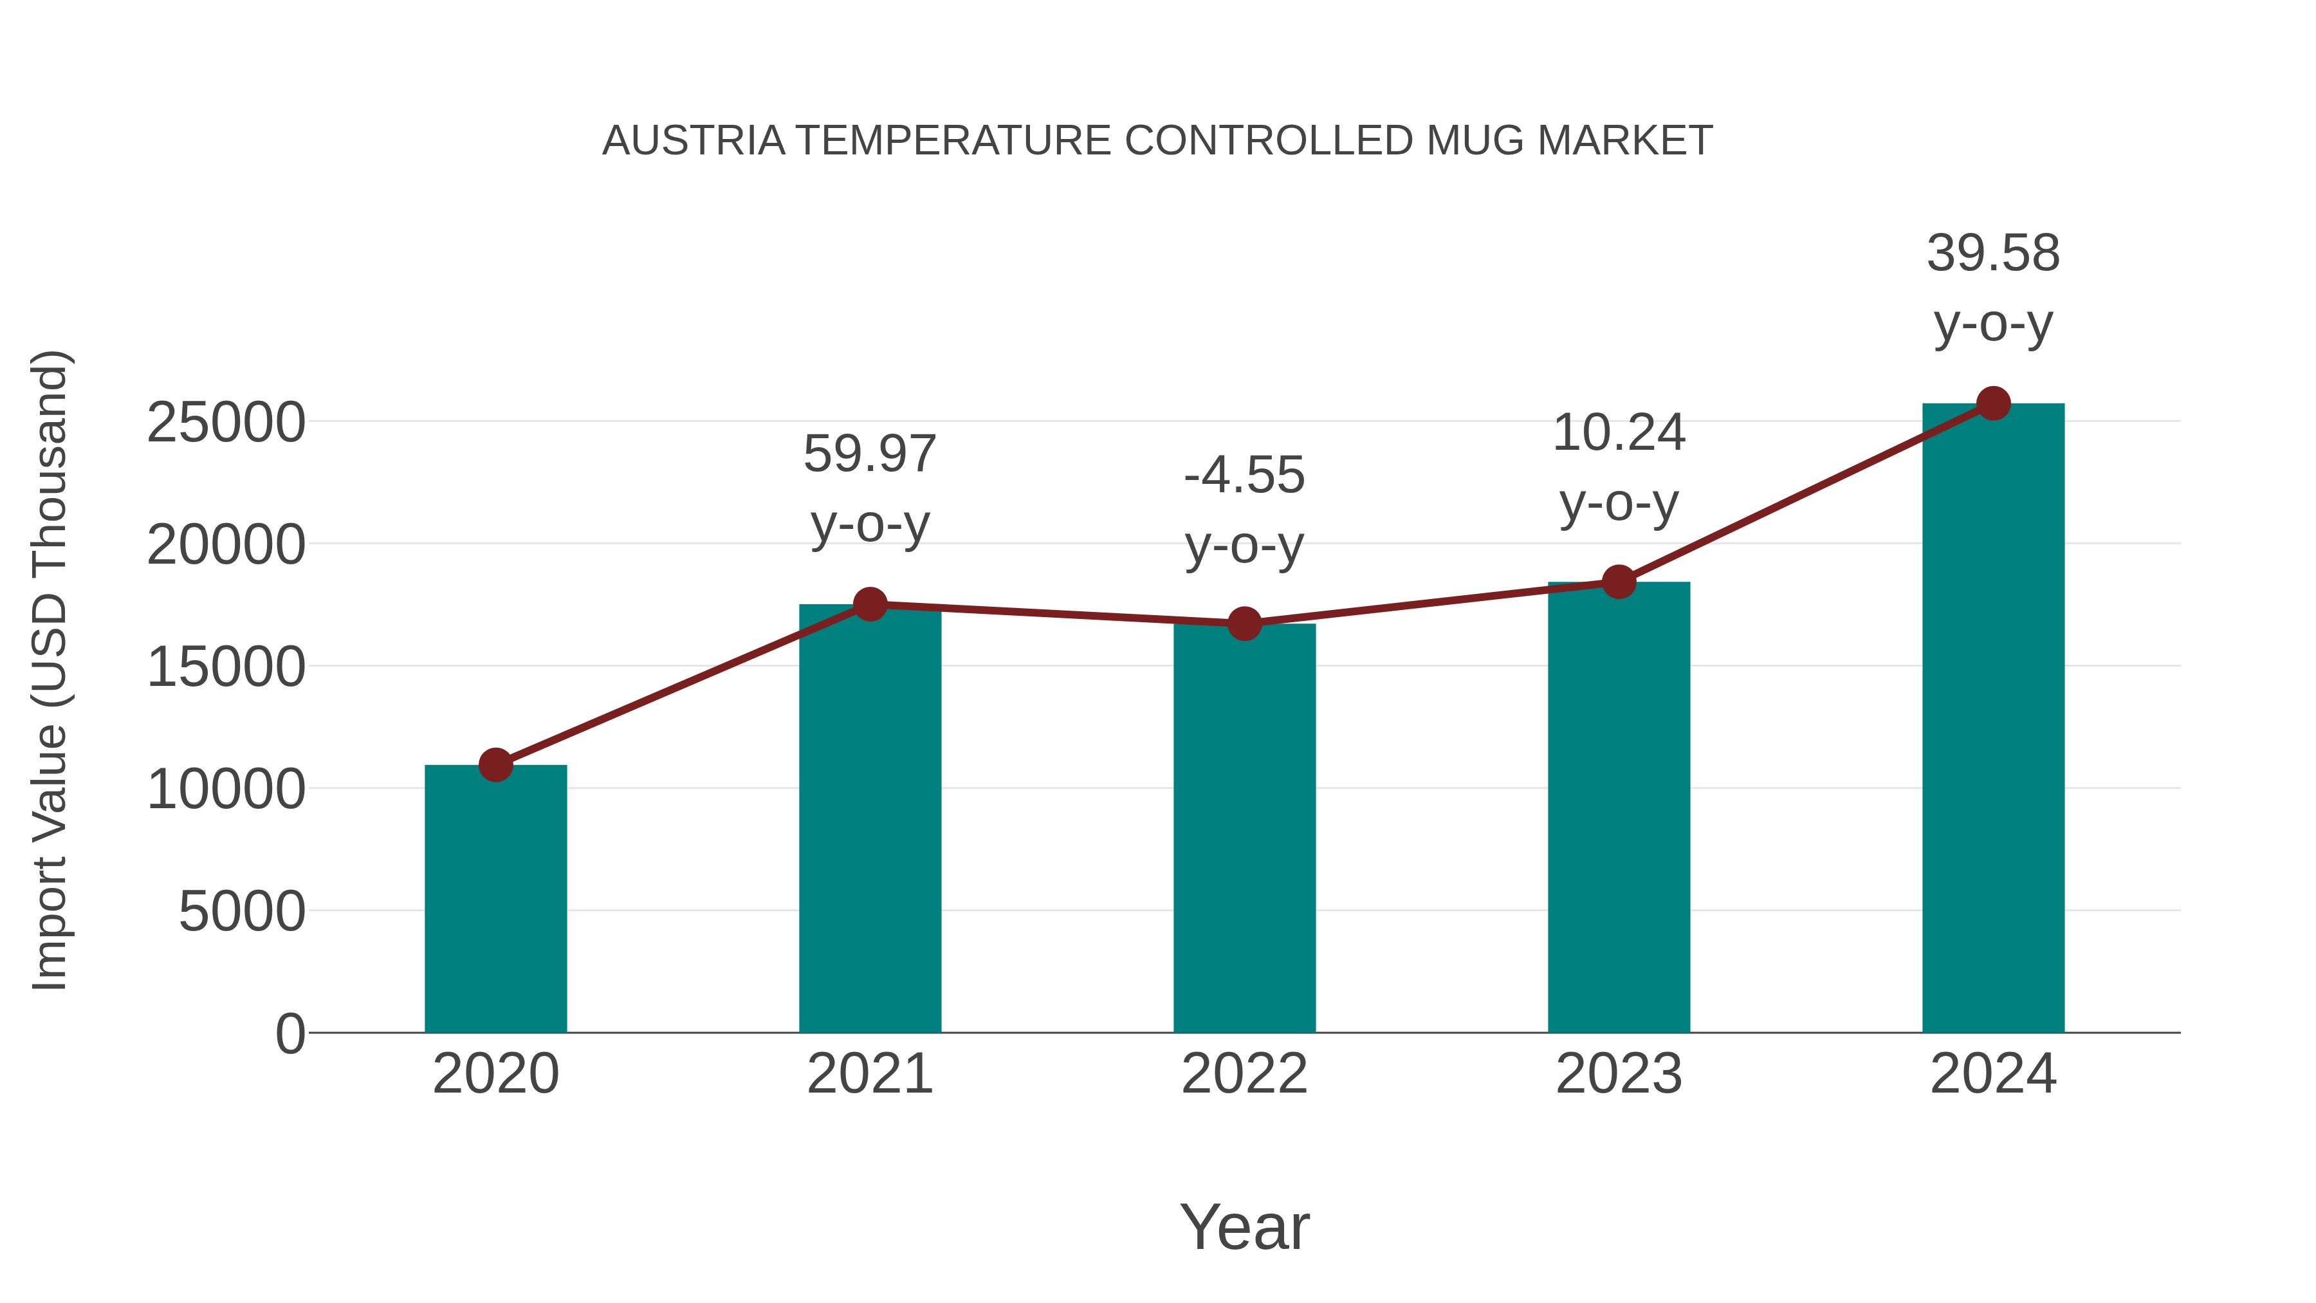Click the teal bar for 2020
[x=495, y=900]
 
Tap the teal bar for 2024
[x=1993, y=719]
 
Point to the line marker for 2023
[x=1619, y=582]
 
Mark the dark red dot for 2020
[x=495, y=765]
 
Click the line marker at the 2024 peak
[x=1993, y=403]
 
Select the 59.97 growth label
[x=869, y=454]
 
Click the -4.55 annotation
[x=1244, y=476]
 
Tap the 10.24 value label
[x=1619, y=434]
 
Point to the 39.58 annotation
[x=1993, y=254]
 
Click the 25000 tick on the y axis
[x=226, y=423]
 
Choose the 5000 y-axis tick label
[x=242, y=912]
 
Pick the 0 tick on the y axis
[x=289, y=1034]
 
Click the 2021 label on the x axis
[x=869, y=1074]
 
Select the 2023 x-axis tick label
[x=1619, y=1074]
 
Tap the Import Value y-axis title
[x=50, y=670]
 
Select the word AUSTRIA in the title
[x=693, y=141]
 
